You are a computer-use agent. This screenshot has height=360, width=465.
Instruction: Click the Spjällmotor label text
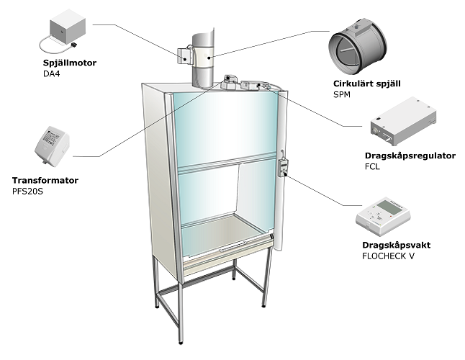(69, 63)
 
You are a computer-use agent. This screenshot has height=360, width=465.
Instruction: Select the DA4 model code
(51, 73)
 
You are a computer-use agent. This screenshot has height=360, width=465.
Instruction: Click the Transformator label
(45, 181)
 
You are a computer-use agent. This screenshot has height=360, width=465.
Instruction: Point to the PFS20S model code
(27, 191)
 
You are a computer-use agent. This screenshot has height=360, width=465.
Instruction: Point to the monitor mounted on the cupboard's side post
(284, 168)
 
